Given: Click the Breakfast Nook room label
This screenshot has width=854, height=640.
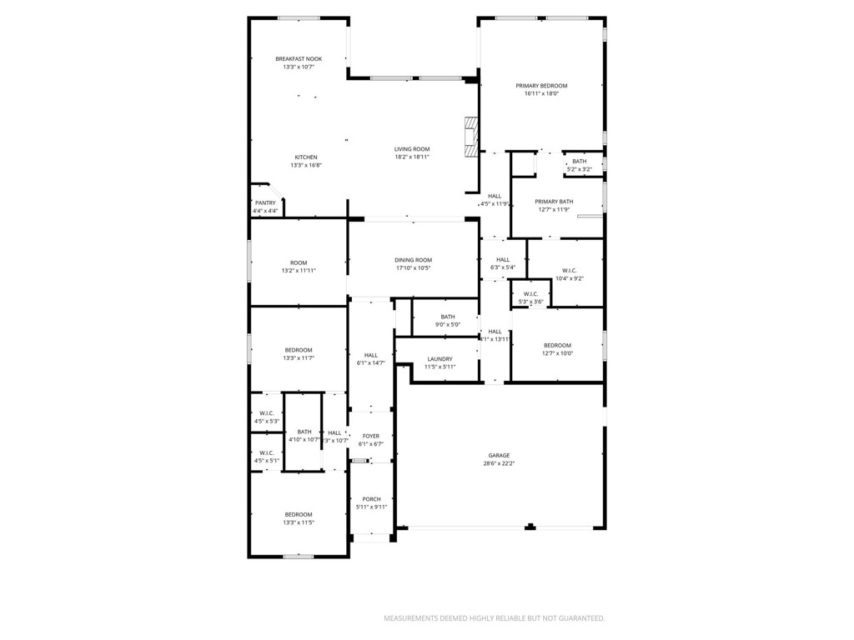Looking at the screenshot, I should click(299, 59).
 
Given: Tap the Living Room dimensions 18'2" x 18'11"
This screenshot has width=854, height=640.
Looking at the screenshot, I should click(412, 157).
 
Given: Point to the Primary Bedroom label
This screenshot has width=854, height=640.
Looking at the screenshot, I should click(541, 86).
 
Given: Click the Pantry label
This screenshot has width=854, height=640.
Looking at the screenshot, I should click(265, 202).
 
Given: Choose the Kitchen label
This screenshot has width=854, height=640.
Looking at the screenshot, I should click(306, 157).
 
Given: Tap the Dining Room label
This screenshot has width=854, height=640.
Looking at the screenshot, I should click(413, 260).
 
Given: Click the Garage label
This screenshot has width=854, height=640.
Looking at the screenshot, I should click(500, 455).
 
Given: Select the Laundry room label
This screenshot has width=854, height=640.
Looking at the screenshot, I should click(440, 359).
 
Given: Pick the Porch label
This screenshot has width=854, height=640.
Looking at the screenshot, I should click(371, 499).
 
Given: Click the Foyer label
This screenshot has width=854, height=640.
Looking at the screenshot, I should click(370, 436).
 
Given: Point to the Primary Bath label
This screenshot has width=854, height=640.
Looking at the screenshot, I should click(554, 201).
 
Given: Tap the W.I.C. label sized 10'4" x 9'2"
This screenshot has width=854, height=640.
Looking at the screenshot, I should click(570, 270).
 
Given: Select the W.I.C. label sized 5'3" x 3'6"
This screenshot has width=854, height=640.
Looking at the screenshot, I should click(530, 294).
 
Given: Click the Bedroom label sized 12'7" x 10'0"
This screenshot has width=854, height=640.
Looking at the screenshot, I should click(558, 345).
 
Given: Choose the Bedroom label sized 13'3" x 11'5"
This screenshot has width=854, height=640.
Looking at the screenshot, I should click(299, 514).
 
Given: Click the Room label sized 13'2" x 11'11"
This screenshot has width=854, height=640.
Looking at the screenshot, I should click(299, 262).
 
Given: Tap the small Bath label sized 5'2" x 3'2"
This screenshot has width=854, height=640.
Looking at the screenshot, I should click(579, 161).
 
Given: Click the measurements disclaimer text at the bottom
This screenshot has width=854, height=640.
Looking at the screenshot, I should click(494, 618).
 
